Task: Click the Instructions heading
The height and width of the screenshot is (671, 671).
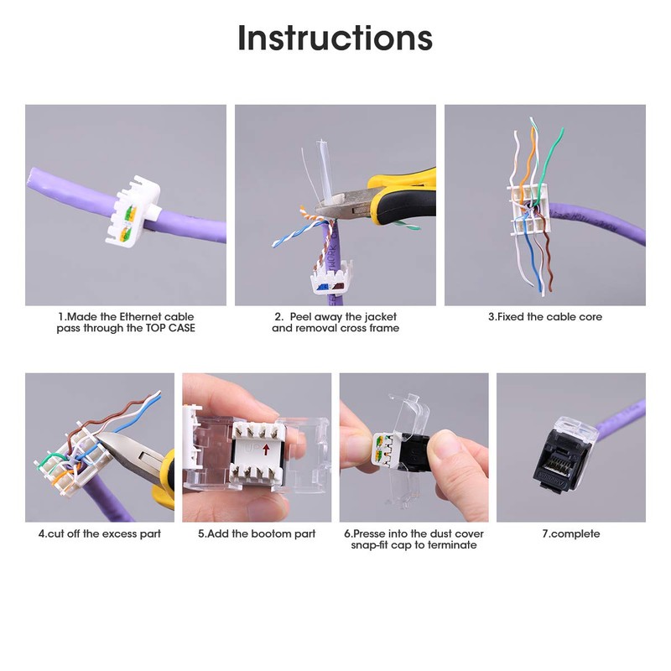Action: click(x=335, y=38)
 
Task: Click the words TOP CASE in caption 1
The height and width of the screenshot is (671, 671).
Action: click(x=170, y=328)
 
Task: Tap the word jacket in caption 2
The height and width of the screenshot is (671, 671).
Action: click(x=381, y=317)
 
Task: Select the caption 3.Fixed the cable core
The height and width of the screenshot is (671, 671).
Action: click(x=544, y=317)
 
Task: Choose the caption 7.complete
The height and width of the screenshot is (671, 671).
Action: click(x=571, y=534)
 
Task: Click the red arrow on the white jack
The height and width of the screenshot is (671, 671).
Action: click(x=266, y=450)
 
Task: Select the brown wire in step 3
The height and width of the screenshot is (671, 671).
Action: click(x=548, y=261)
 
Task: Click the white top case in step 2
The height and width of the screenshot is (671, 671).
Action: click(x=330, y=280)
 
